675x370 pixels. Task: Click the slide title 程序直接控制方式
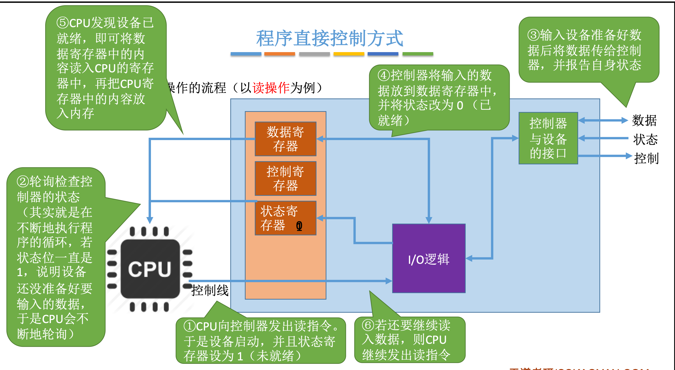pyautogui.click(x=329, y=38)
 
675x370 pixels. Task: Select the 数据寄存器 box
pyautogui.click(x=285, y=139)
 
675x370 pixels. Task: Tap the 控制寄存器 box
pyautogui.click(x=285, y=178)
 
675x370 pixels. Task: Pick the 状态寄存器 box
pyautogui.click(x=285, y=218)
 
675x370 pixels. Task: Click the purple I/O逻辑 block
pyautogui.click(x=429, y=258)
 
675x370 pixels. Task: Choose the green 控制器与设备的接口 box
pyautogui.click(x=548, y=138)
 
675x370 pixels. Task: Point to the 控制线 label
pyautogui.click(x=210, y=290)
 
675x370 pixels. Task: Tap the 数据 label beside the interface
pyautogui.click(x=644, y=121)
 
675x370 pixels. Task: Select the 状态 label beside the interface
pyautogui.click(x=645, y=139)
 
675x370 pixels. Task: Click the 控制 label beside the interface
pyautogui.click(x=646, y=159)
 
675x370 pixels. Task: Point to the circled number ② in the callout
pyautogui.click(x=23, y=182)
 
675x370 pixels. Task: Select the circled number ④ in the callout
pyautogui.click(x=384, y=76)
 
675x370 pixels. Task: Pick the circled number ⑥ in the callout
pyautogui.click(x=368, y=326)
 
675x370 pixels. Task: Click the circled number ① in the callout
pyautogui.click(x=190, y=326)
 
